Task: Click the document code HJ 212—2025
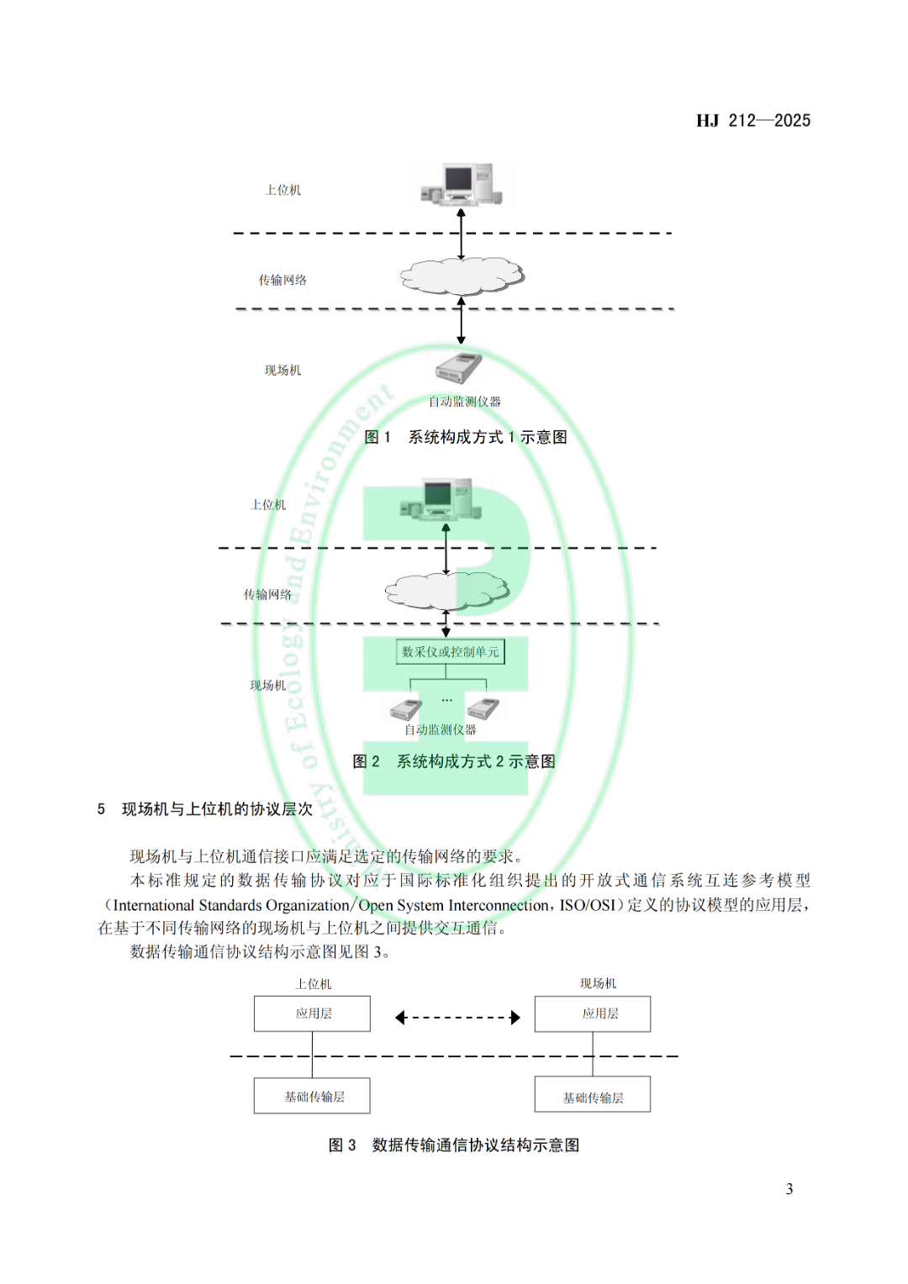(752, 121)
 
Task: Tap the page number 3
(789, 1189)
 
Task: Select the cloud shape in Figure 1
(462, 276)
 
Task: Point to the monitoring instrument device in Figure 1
(458, 368)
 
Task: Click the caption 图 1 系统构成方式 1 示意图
(465, 437)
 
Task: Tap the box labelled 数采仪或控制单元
(451, 652)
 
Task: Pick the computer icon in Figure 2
(442, 500)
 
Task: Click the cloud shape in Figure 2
(447, 591)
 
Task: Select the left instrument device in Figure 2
(406, 709)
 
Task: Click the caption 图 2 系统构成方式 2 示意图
(454, 761)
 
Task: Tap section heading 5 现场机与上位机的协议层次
(205, 809)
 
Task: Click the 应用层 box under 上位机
(312, 1013)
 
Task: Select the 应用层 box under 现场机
(593, 1013)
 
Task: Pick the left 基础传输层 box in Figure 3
(312, 1096)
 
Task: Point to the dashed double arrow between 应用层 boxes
(457, 1018)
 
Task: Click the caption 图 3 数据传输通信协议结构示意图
(454, 1145)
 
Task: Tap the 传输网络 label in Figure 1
(282, 280)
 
